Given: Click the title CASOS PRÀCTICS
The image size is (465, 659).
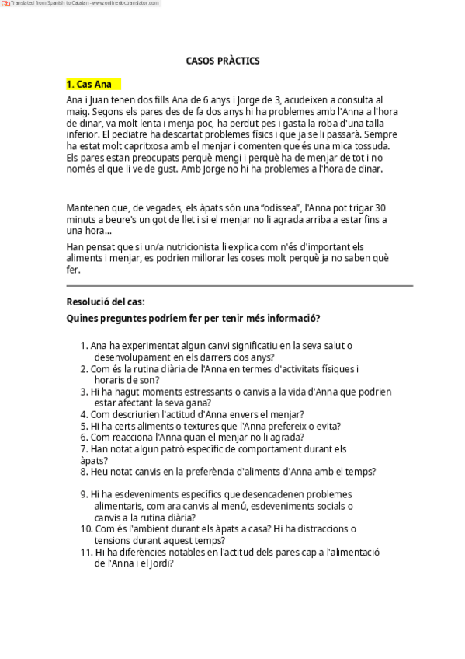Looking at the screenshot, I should click(x=223, y=60).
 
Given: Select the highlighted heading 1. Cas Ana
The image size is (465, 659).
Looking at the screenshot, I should click(x=88, y=84).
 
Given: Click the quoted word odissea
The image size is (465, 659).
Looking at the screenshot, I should click(x=259, y=207).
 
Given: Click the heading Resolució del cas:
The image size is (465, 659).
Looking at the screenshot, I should click(x=106, y=302).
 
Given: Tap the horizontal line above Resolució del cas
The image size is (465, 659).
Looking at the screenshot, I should click(x=239, y=285).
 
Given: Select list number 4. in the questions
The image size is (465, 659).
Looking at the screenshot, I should click(x=84, y=414).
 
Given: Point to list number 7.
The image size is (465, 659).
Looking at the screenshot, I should click(x=84, y=448).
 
